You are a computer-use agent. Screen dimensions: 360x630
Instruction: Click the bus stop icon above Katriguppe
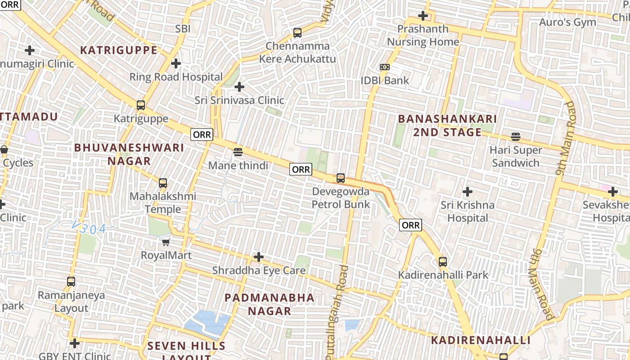[x=141, y=105]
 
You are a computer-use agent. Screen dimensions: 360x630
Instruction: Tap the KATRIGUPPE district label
[x=119, y=50]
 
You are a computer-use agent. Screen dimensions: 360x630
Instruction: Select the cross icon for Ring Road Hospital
[x=176, y=63]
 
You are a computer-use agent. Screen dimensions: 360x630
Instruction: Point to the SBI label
[x=183, y=29]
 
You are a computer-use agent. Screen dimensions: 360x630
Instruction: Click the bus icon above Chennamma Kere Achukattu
[x=297, y=32]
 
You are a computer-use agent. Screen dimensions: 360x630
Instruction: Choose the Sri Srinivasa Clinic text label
[x=239, y=100]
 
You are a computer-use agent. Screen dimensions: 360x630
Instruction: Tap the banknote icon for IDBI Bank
[x=384, y=67]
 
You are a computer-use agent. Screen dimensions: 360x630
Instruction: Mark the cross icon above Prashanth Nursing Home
[x=423, y=16]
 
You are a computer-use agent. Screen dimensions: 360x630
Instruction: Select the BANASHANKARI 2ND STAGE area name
[x=447, y=126]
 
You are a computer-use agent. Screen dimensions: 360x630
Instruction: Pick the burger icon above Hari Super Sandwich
[x=515, y=136]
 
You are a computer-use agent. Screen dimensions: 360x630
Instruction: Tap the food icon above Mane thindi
[x=238, y=152]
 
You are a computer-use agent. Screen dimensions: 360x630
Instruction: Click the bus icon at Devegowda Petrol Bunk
[x=341, y=178]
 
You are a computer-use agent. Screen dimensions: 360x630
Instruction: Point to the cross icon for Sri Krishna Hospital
[x=468, y=192]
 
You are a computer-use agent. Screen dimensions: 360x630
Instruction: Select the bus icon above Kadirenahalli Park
[x=443, y=261]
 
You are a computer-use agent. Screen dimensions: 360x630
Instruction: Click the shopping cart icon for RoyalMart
[x=166, y=242]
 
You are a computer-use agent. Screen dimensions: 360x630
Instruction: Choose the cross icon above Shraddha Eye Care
[x=259, y=257]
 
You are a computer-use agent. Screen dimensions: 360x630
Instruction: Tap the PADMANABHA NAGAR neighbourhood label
[x=270, y=304]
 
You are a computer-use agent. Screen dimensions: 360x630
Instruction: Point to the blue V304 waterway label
[x=89, y=229]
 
